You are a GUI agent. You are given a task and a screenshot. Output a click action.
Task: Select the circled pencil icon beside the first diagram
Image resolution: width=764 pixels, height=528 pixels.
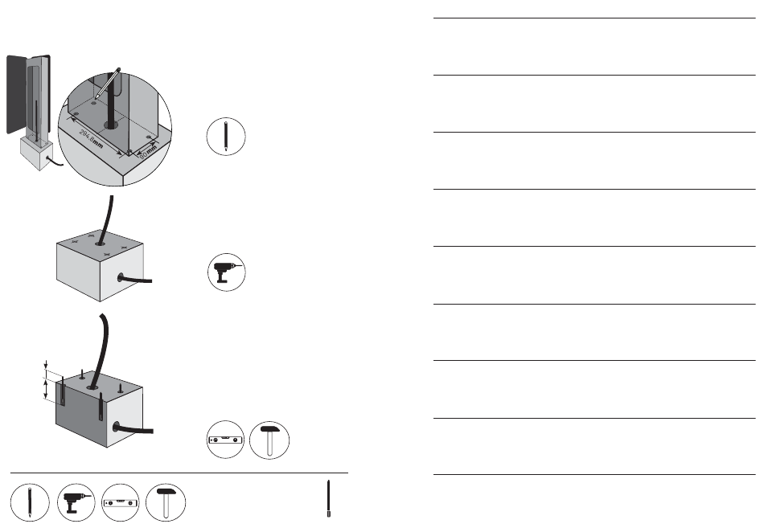[x=226, y=137]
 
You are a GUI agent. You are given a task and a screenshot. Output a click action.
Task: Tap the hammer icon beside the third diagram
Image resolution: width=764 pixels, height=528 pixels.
[x=269, y=439]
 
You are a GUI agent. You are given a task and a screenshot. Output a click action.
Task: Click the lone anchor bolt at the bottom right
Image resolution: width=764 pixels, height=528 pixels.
[x=329, y=500]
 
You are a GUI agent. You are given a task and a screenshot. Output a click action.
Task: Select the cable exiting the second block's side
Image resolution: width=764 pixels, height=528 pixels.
[x=145, y=280]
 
